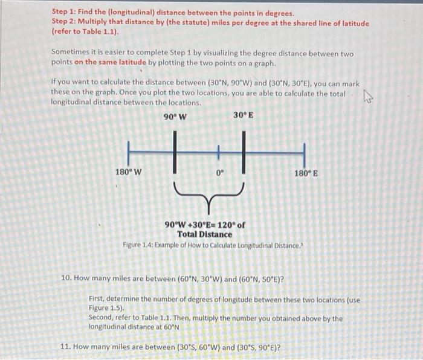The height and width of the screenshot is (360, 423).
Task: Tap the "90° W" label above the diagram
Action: pyautogui.click(x=175, y=117)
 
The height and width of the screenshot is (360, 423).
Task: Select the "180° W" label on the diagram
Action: pyautogui.click(x=128, y=172)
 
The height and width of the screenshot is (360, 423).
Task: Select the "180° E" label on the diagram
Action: pyautogui.click(x=306, y=174)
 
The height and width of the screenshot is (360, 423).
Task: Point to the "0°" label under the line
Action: pyautogui.click(x=220, y=173)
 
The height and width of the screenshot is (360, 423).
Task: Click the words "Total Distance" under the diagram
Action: pyautogui.click(x=204, y=234)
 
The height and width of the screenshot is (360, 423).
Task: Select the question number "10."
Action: pyautogui.click(x=66, y=279)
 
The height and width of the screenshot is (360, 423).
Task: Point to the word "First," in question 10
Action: pyautogui.click(x=98, y=299)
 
